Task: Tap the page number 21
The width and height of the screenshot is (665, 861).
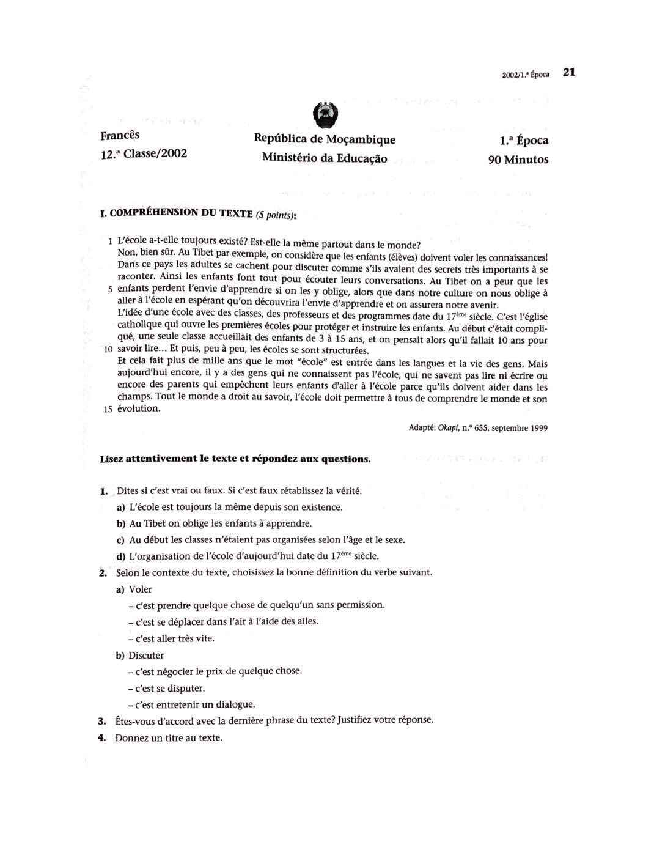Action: (x=569, y=72)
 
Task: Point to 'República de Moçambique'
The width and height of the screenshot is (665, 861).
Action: (x=324, y=139)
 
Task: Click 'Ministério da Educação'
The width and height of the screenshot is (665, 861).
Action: (x=324, y=158)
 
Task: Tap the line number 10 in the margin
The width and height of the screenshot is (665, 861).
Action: (x=108, y=350)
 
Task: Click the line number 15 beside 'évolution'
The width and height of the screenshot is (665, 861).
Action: (x=108, y=409)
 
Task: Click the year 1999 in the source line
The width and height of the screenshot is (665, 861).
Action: (x=536, y=428)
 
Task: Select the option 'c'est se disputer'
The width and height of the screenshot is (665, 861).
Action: (x=166, y=688)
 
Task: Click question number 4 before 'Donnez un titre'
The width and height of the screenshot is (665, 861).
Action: (x=102, y=737)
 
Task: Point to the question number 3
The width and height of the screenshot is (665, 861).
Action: (x=102, y=720)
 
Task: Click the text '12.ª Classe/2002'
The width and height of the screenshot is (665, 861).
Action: (x=143, y=153)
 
